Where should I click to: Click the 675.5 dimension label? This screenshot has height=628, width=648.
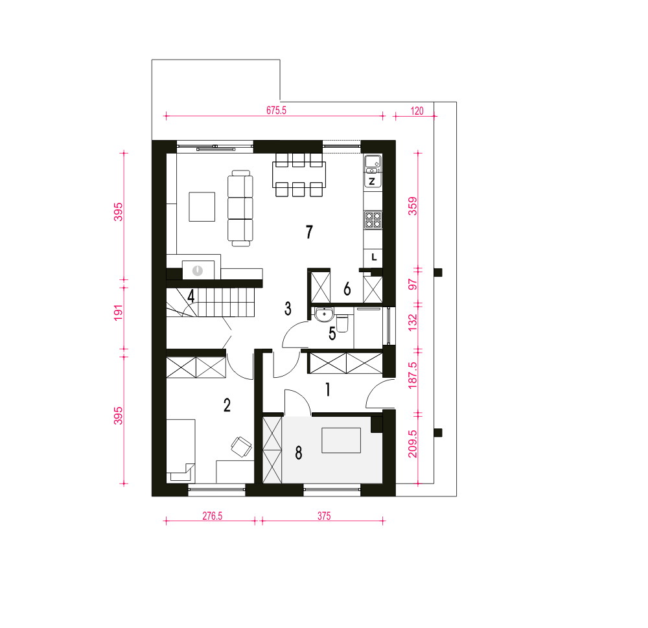276,110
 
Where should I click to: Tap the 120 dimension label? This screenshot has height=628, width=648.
417,111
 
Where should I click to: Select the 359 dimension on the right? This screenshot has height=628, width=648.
413,206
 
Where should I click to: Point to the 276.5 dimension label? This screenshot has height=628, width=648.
213,516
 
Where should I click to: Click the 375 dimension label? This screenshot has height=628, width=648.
324,516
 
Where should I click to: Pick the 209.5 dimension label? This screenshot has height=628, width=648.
413,443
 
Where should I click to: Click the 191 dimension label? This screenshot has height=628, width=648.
118,312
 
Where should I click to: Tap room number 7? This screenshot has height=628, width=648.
309,232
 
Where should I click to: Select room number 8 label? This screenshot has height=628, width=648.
298,453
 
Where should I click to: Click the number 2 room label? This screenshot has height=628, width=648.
227,405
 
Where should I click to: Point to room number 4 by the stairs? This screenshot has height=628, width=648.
191,296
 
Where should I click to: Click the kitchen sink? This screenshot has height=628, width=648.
373,164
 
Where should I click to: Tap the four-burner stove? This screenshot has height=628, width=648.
373,220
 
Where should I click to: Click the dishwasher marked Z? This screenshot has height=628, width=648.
373,181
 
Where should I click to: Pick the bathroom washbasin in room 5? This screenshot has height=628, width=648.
324,314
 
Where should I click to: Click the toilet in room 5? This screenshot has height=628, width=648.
343,323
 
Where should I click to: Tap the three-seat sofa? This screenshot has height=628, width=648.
240,209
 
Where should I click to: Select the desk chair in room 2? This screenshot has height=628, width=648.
241,447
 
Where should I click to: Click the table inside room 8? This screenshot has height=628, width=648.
341,440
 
